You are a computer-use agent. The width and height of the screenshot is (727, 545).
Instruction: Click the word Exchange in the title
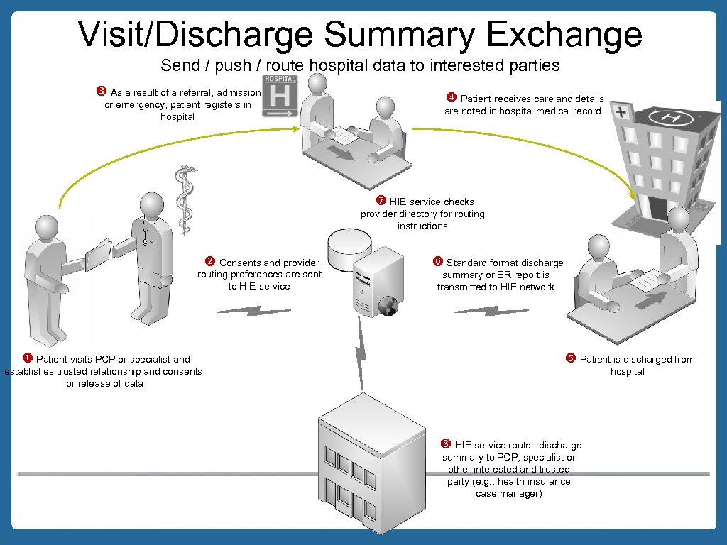pyautogui.click(x=554, y=34)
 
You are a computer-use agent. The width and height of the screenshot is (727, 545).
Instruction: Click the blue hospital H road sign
pyautogui.click(x=280, y=97)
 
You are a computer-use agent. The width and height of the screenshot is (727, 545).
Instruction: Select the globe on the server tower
pyautogui.click(x=388, y=305)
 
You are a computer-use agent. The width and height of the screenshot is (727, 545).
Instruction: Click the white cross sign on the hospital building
pyautogui.click(x=623, y=113)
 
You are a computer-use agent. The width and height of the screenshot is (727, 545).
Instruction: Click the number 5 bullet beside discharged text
pyautogui.click(x=570, y=358)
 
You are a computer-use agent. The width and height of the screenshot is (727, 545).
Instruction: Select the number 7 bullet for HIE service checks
pyautogui.click(x=381, y=201)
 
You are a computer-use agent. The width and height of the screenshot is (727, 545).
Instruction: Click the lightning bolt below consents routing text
pyautogui.click(x=253, y=311)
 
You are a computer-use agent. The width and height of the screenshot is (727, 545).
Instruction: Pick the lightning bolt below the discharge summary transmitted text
pyautogui.click(x=491, y=311)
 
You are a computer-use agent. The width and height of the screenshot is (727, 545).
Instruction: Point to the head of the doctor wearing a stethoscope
pyautogui.click(x=151, y=205)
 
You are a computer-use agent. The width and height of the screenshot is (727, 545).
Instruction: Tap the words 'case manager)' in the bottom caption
pyautogui.click(x=508, y=493)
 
